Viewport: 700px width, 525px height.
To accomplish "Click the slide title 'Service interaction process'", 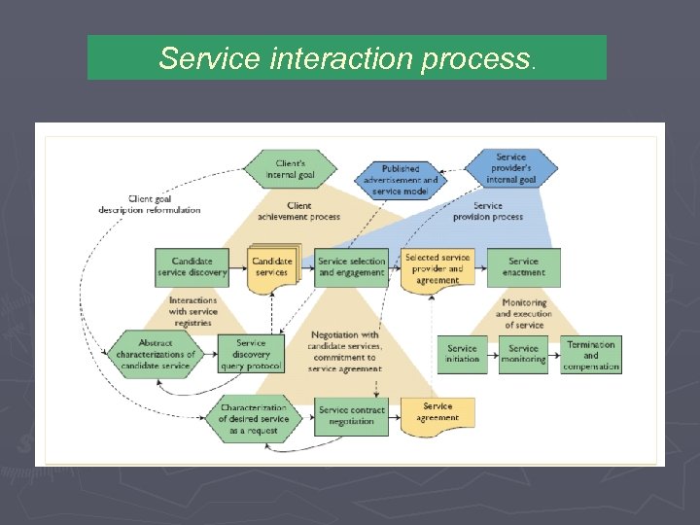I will [x=346, y=58].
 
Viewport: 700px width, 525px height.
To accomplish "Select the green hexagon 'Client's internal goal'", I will [x=289, y=168].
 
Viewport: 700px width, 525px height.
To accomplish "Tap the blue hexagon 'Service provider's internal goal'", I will [x=510, y=168].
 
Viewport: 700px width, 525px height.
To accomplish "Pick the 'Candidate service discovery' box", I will [x=192, y=267].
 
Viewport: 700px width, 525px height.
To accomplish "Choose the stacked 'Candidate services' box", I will [x=272, y=266].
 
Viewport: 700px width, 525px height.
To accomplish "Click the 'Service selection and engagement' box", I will [x=351, y=267].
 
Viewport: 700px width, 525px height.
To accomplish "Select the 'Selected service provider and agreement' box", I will [x=437, y=268].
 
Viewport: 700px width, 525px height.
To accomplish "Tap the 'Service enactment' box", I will [x=523, y=267].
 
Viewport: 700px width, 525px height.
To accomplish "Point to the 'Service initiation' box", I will [x=462, y=354].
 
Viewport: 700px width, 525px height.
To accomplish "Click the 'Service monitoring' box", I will [x=523, y=354].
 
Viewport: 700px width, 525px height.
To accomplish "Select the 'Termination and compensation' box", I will [x=591, y=355].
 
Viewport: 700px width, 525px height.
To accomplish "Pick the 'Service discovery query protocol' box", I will [x=250, y=355].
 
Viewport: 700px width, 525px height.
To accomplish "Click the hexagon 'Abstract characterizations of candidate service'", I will [x=156, y=355].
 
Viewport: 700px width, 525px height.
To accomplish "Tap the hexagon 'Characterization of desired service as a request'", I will [x=253, y=419].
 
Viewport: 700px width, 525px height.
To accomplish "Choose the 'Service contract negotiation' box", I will [x=351, y=416].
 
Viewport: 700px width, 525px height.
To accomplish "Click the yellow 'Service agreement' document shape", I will [x=437, y=412].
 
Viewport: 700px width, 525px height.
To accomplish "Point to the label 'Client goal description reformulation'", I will [x=149, y=204].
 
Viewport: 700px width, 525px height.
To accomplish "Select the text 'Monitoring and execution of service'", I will [x=523, y=313].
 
